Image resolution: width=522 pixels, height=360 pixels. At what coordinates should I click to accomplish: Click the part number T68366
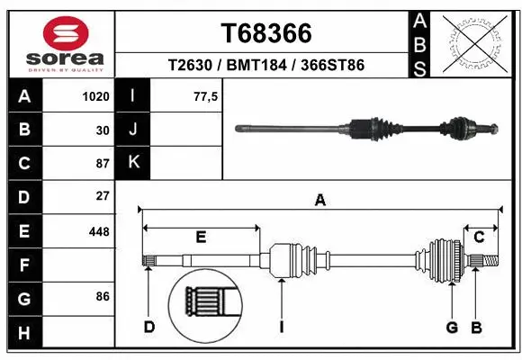click(x=265, y=33)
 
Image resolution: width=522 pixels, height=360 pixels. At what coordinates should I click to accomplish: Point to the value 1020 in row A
click(x=95, y=96)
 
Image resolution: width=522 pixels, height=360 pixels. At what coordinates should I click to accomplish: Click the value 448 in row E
click(x=99, y=231)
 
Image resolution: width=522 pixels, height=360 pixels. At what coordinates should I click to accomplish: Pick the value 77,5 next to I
click(x=206, y=96)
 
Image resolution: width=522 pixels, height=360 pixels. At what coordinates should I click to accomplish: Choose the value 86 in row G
click(x=103, y=295)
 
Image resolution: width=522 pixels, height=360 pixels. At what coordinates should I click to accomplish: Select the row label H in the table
click(x=24, y=333)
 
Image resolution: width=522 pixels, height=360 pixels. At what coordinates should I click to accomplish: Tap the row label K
click(x=133, y=163)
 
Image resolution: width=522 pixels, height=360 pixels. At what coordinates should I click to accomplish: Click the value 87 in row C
click(x=103, y=164)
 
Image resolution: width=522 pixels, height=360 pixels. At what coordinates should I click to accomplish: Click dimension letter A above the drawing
click(x=319, y=201)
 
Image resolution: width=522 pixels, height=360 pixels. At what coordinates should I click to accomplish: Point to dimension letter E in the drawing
click(x=202, y=237)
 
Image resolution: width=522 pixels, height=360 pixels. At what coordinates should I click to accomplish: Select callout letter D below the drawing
click(x=149, y=326)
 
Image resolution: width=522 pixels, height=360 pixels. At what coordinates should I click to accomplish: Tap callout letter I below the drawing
click(x=281, y=326)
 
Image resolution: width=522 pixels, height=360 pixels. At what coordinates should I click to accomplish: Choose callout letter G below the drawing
click(x=453, y=326)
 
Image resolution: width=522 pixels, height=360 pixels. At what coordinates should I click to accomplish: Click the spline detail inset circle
click(x=206, y=303)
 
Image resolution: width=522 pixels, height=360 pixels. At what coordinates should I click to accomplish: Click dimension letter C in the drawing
click(x=480, y=237)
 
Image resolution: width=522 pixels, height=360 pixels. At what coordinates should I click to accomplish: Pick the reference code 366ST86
click(x=335, y=66)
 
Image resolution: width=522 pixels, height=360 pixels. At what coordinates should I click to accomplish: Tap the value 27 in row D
click(x=103, y=195)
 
